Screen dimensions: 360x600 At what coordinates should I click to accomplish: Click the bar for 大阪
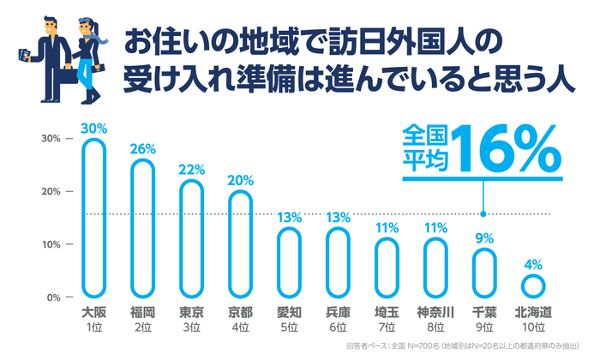[x=94, y=219]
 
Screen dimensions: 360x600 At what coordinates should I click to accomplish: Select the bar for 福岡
[x=142, y=228]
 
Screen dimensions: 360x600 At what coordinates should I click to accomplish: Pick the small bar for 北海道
[x=532, y=285]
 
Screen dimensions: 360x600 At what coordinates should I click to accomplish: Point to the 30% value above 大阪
[x=94, y=128]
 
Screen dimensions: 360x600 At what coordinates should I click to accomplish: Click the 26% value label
[x=142, y=148]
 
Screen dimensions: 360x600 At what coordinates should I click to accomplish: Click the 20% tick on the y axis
[x=49, y=191]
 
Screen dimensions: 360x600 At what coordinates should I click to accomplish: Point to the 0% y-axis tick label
[x=51, y=297]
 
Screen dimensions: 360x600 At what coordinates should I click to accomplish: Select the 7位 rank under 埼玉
[x=387, y=327]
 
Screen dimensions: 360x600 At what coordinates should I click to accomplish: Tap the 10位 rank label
[x=532, y=327]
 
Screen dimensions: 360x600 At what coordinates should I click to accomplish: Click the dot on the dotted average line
[x=484, y=214]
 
